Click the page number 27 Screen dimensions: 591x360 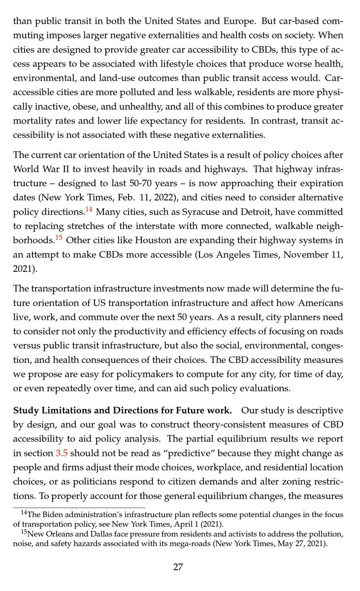coord(178,567)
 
